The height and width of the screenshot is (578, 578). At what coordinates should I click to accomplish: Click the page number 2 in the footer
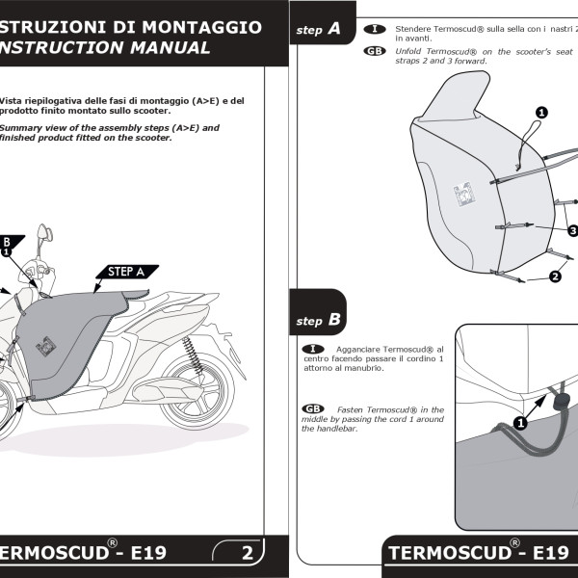248,553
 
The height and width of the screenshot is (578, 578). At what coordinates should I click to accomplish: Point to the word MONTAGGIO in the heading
201,27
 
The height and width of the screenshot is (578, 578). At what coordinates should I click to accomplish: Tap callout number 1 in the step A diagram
541,113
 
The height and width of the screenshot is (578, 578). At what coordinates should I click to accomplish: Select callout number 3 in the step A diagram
572,230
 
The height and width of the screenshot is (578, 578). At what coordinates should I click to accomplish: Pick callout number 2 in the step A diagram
555,276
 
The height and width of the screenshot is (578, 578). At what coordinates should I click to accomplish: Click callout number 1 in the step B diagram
520,422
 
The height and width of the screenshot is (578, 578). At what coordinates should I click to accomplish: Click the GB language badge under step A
376,50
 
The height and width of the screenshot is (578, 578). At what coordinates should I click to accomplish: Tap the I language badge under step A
376,30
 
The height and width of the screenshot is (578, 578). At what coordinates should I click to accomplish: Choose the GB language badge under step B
313,409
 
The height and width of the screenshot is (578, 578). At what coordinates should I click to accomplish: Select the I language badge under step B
313,348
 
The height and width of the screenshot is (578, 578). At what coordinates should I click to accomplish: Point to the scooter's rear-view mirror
43,234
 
